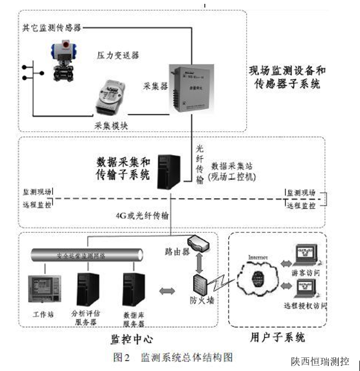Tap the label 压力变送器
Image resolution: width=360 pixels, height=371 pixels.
coord(118,55)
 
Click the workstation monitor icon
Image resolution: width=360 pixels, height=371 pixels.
coord(45,287)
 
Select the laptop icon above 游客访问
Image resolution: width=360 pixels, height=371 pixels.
coord(304,254)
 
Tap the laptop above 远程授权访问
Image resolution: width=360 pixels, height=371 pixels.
coord(304,287)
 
